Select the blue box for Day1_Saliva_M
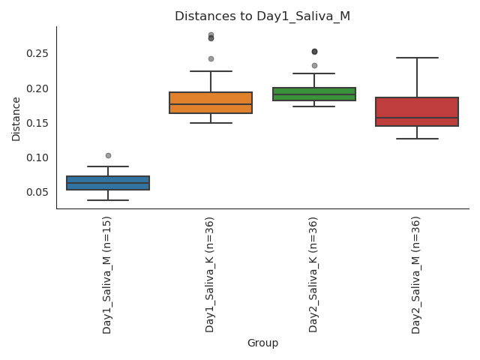(108, 183)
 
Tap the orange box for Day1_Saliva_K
(211, 103)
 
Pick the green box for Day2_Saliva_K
(314, 94)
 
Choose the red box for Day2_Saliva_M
(417, 112)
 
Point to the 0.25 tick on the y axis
(37, 53)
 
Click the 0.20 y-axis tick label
(37, 88)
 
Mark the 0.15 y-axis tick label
(37, 123)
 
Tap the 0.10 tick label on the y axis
(37, 157)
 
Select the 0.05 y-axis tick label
(37, 192)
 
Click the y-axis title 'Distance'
(16, 118)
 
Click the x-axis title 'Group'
(262, 343)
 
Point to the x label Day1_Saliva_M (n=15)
(107, 274)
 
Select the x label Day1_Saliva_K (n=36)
(211, 274)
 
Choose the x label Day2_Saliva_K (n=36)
(314, 274)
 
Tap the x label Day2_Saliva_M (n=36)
(417, 274)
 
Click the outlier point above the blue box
(108, 155)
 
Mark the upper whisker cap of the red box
(417, 58)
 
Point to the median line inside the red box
(417, 118)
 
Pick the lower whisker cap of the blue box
(108, 200)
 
